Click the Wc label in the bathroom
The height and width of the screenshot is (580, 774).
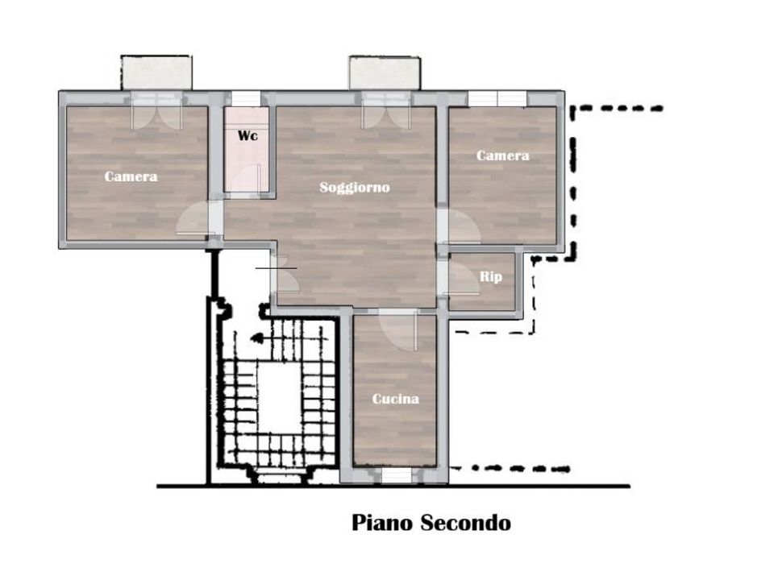pyautogui.click(x=248, y=135)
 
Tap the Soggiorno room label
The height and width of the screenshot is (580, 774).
pyautogui.click(x=355, y=188)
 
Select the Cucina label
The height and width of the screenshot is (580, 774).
pyautogui.click(x=395, y=399)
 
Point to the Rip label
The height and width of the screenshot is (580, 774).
pyautogui.click(x=491, y=276)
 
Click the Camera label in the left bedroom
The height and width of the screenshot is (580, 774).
pyautogui.click(x=131, y=176)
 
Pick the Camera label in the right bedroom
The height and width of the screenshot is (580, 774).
pyautogui.click(x=502, y=155)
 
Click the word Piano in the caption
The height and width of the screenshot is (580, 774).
pyautogui.click(x=381, y=523)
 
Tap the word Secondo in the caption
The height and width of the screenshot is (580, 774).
pyautogui.click(x=465, y=523)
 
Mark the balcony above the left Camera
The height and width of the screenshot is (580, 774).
pyautogui.click(x=156, y=72)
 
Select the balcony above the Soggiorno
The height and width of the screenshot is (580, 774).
pyautogui.click(x=385, y=73)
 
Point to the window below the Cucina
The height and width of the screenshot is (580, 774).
pyautogui.click(x=397, y=475)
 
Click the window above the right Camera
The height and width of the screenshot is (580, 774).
pyautogui.click(x=497, y=98)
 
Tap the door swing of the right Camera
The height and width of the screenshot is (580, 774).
pyautogui.click(x=463, y=226)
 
